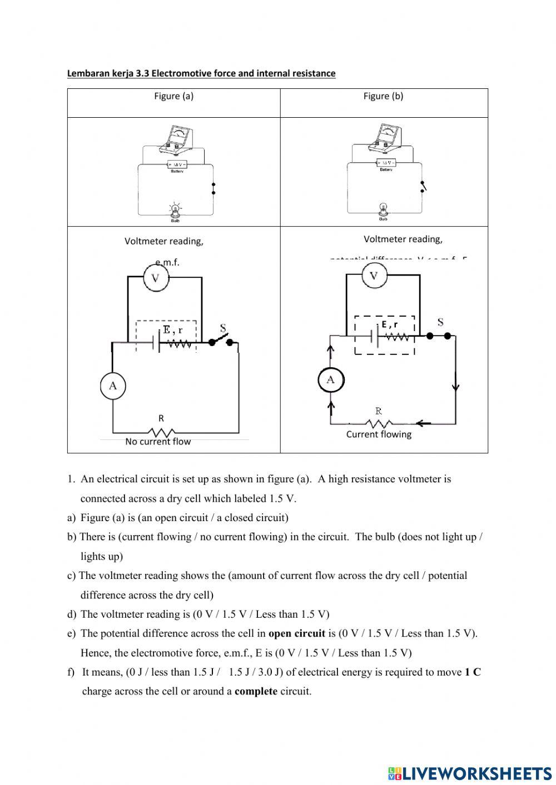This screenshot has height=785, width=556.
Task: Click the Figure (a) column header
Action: [173, 96]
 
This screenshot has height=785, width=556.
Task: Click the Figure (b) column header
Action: [383, 96]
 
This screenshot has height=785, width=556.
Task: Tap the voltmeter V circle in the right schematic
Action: [374, 276]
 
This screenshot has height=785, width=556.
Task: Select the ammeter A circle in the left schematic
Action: [113, 386]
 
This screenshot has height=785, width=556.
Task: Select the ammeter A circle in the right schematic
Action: [331, 380]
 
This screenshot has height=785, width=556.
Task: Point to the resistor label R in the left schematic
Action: [161, 418]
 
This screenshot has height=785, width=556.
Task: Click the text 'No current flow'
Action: [158, 442]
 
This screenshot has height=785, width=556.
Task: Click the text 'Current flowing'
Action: [379, 434]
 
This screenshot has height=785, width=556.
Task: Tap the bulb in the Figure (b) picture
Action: [383, 209]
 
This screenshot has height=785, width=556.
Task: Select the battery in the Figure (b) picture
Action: [386, 163]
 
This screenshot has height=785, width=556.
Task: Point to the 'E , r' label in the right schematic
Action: [390, 324]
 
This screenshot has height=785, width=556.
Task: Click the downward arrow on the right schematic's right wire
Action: [456, 387]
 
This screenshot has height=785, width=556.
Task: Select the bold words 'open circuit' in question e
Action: [296, 634]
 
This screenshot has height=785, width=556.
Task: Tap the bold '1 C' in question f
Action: [473, 672]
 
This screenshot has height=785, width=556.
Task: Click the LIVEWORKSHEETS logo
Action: [470, 773]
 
